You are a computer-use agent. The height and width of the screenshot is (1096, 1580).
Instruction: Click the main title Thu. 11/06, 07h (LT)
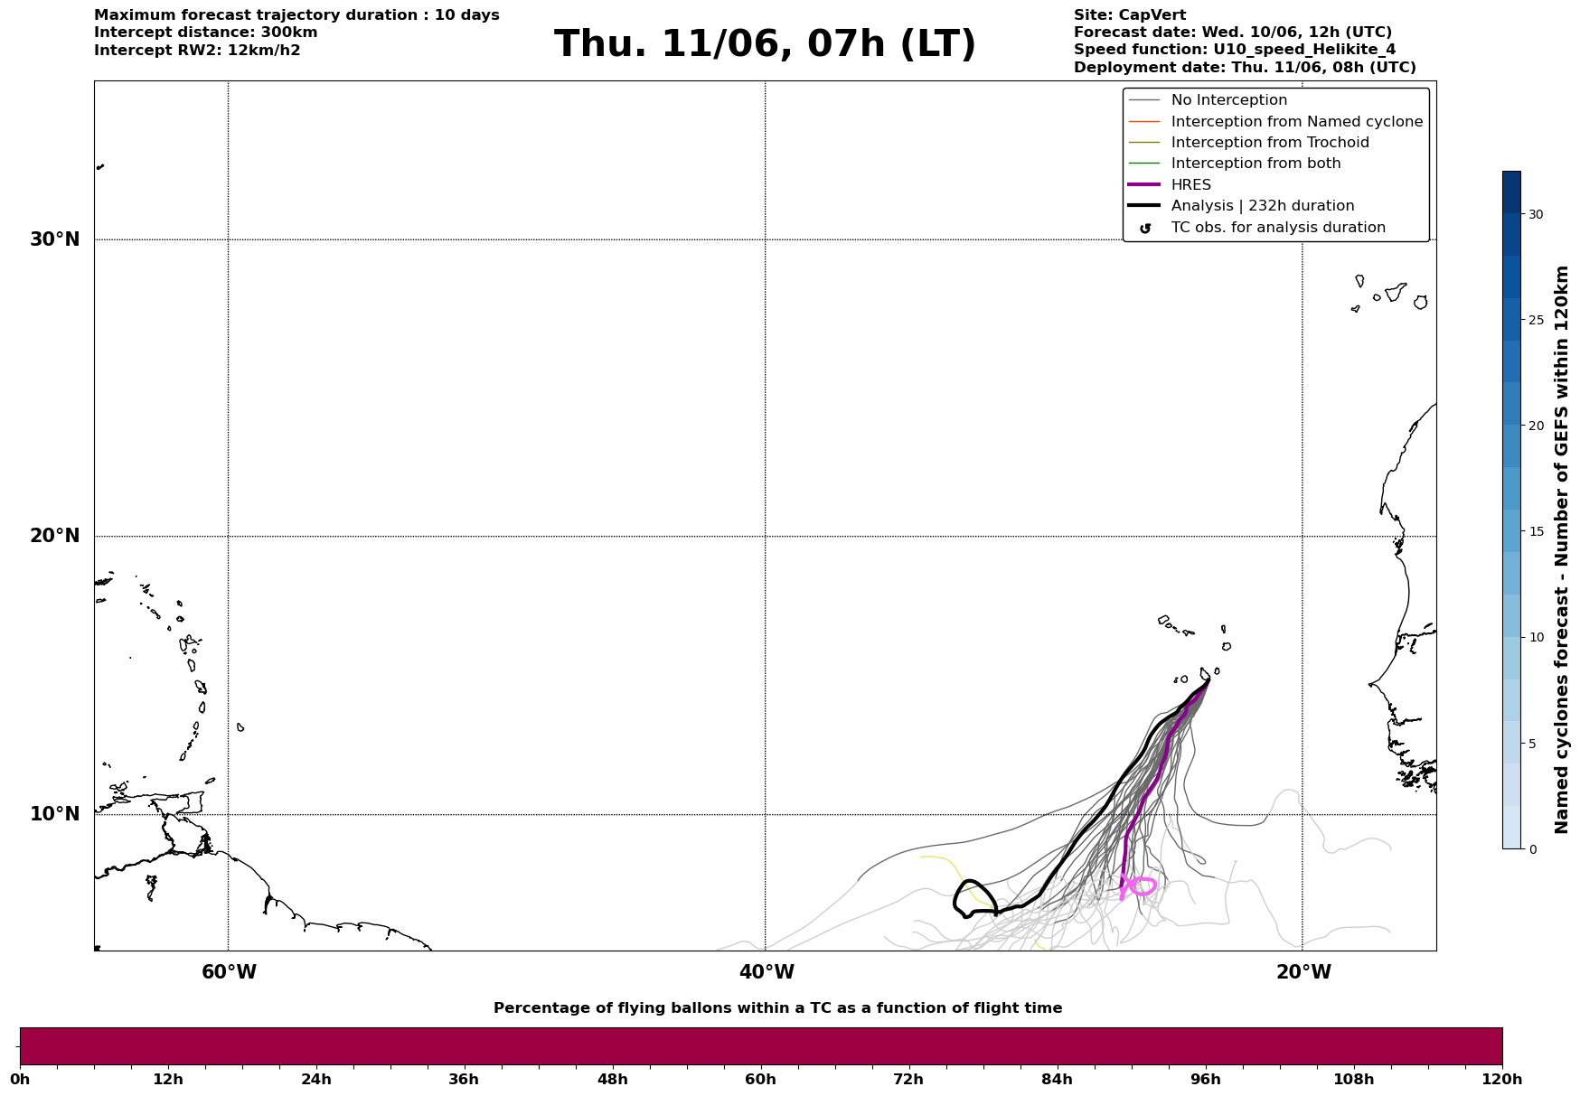tap(765, 44)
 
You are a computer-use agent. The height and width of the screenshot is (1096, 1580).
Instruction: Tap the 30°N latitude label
tap(55, 239)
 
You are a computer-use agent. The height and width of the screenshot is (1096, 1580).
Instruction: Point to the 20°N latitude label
tap(55, 536)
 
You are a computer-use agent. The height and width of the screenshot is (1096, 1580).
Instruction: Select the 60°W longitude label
tap(229, 972)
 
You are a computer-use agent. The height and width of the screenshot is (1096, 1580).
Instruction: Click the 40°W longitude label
tap(766, 972)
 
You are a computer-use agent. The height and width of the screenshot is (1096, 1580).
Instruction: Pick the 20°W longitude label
tap(1303, 972)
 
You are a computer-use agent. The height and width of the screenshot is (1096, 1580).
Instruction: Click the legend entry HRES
tap(1191, 185)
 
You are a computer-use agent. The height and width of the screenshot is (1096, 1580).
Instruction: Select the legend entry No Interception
tap(1229, 100)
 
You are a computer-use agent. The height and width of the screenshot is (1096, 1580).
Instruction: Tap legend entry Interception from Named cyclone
tap(1297, 122)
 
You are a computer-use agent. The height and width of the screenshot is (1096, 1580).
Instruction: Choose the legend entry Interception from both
tap(1256, 164)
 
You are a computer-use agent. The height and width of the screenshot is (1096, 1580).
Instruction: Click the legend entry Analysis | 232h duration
tap(1263, 206)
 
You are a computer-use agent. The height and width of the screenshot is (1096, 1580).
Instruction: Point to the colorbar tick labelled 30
tap(1536, 214)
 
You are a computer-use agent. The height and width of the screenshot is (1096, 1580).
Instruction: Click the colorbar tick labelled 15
tap(1536, 531)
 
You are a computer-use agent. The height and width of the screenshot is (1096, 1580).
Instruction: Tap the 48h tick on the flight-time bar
tap(612, 1079)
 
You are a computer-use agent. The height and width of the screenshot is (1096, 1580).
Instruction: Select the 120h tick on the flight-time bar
tap(1502, 1079)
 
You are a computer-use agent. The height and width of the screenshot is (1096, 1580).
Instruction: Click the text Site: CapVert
tap(1130, 15)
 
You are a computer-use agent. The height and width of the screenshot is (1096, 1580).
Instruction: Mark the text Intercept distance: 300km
tap(206, 33)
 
